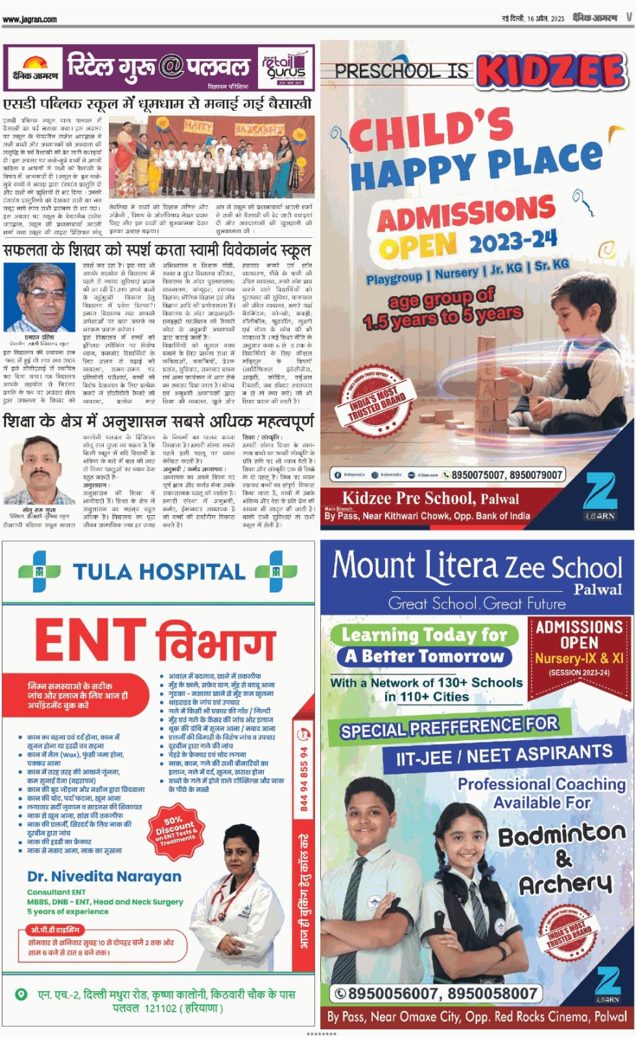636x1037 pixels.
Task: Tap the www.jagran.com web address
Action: click(30, 19)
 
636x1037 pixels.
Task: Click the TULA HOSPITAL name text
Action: click(159, 572)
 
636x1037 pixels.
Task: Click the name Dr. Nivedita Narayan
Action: click(104, 876)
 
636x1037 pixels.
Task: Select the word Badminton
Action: click(561, 835)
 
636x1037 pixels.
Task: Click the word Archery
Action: click(565, 884)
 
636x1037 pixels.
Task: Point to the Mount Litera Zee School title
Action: click(477, 566)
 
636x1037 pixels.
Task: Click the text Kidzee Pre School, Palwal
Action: click(430, 498)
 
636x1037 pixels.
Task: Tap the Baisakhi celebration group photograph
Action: click(211, 157)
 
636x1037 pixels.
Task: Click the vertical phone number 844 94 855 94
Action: click(303, 778)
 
